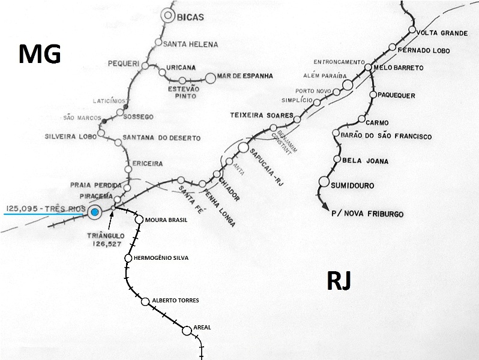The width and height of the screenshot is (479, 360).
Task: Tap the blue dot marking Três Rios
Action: (94, 211)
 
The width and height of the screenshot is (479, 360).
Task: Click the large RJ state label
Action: (340, 280)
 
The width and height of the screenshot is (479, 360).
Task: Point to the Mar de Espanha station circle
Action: (210, 77)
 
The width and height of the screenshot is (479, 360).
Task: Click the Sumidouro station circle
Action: (324, 181)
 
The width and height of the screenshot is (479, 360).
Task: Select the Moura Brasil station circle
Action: (139, 220)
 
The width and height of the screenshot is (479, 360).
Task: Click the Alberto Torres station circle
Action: (145, 301)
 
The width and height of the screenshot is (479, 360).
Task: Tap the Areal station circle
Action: (186, 328)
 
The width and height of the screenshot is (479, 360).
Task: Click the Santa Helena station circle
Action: (158, 43)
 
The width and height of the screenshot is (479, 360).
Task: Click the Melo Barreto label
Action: (399, 67)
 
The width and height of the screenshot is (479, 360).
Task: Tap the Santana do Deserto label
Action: (161, 138)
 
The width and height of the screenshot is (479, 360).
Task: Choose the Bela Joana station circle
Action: (337, 160)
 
